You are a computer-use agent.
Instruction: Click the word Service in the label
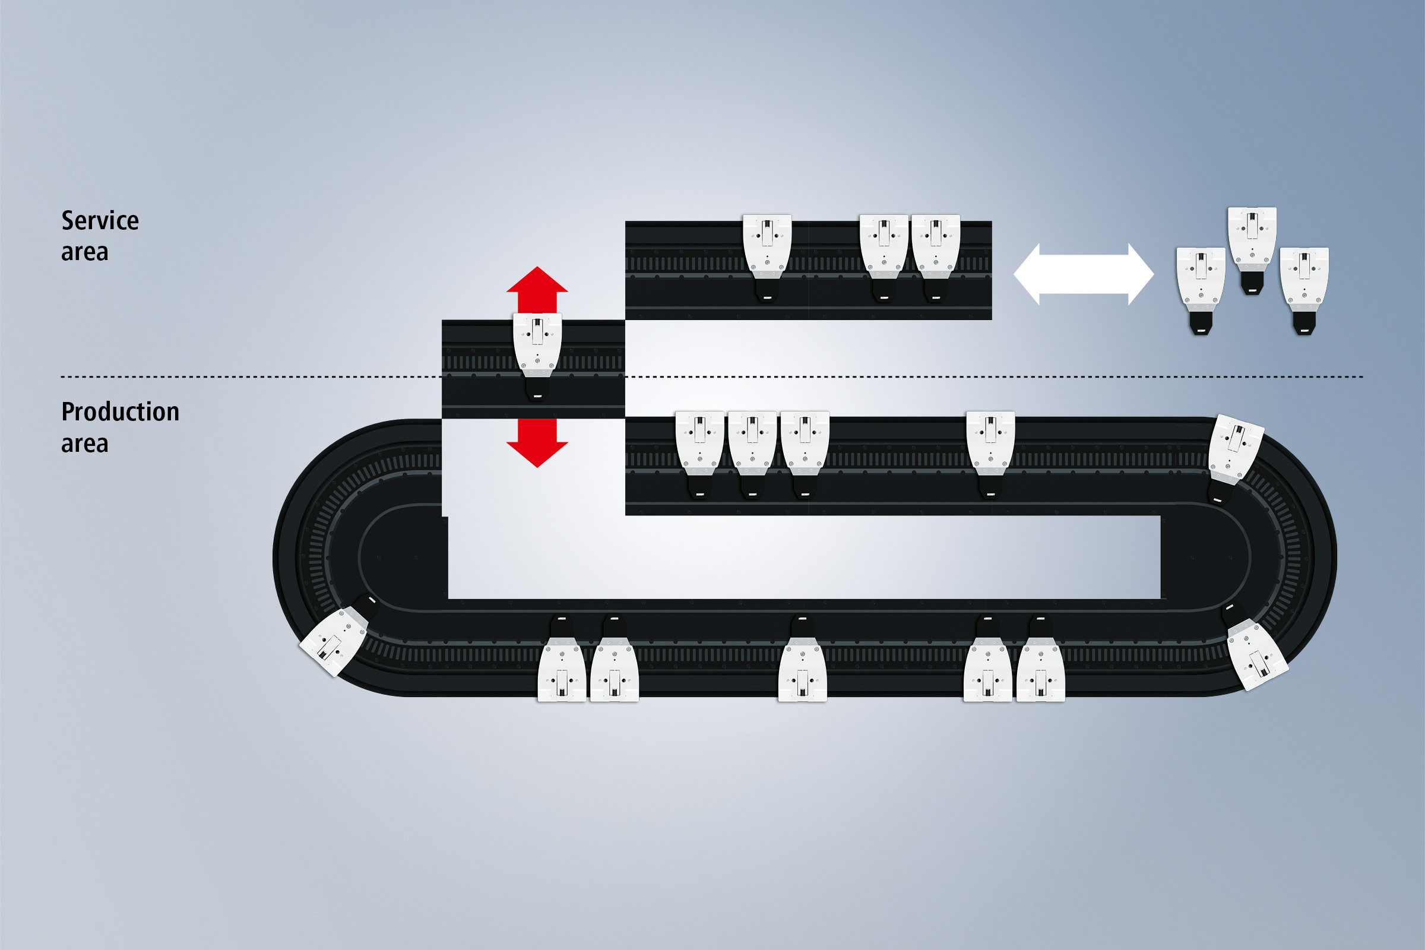point(100,220)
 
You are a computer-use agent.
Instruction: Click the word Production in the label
point(120,412)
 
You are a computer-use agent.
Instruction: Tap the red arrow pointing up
point(537,289)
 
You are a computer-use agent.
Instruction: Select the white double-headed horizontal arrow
point(1083,274)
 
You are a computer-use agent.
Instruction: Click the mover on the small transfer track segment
point(537,351)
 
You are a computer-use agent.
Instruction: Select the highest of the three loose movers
point(1252,245)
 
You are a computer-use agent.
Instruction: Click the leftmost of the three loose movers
point(1200,285)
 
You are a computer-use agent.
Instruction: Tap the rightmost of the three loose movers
point(1304,285)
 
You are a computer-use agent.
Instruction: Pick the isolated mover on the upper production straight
point(990,448)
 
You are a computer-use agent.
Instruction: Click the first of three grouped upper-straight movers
point(700,448)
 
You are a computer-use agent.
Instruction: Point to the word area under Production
point(85,444)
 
